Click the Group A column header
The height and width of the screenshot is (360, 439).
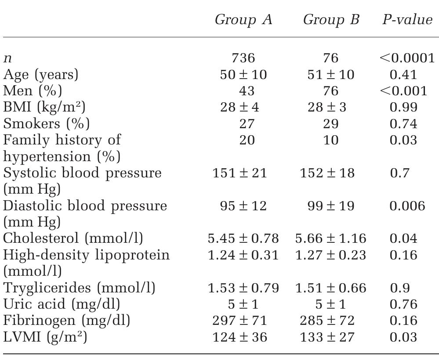pyautogui.click(x=243, y=20)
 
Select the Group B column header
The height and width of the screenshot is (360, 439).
pyautogui.click(x=331, y=20)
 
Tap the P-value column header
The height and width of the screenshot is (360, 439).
pyautogui.click(x=407, y=20)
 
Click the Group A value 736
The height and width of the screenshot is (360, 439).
pyautogui.click(x=243, y=58)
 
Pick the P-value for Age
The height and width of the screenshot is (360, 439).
pyautogui.click(x=403, y=75)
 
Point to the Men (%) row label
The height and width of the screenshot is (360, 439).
pyautogui.click(x=33, y=91)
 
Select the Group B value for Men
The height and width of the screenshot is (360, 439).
pyautogui.click(x=330, y=91)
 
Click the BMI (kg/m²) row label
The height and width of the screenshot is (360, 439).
pyautogui.click(x=44, y=108)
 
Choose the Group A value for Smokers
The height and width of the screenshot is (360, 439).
pyautogui.click(x=243, y=124)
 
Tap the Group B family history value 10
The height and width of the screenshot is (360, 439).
pyautogui.click(x=330, y=140)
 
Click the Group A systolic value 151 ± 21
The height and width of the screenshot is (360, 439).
pyautogui.click(x=239, y=173)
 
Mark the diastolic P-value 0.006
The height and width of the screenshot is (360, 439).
pyautogui.click(x=407, y=206)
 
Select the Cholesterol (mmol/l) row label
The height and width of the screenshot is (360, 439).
pyautogui.click(x=73, y=238)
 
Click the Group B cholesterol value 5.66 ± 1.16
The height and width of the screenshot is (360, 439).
pyautogui.click(x=330, y=238)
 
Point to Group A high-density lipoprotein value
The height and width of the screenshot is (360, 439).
pyautogui.click(x=243, y=255)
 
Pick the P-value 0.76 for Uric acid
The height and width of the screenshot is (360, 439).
pyautogui.click(x=403, y=304)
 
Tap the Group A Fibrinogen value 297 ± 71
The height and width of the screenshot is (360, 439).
pyautogui.click(x=239, y=320)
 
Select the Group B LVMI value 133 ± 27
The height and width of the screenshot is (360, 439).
pyautogui.click(x=327, y=337)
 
